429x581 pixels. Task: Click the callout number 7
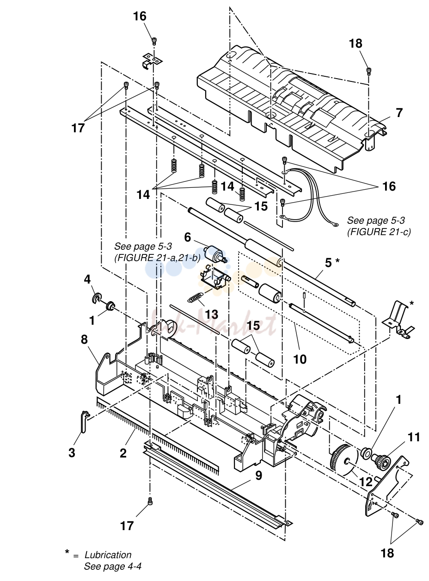coord(398,112)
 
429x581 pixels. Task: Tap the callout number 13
coord(211,315)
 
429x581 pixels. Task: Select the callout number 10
coord(300,359)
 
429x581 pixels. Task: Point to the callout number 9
coord(258,476)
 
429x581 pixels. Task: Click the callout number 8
coord(84,340)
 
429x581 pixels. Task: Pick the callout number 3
coord(72,453)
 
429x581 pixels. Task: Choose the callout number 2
coord(123,453)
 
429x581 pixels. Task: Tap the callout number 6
coord(188,237)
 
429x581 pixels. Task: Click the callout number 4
coord(87,279)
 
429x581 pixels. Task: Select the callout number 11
coord(414,437)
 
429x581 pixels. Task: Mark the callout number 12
coord(366,482)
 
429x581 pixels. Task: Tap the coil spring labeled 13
coord(195,297)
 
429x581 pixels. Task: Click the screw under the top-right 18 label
coord(369,70)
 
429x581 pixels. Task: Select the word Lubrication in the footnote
coord(108,555)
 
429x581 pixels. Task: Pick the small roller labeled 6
coord(215,253)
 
